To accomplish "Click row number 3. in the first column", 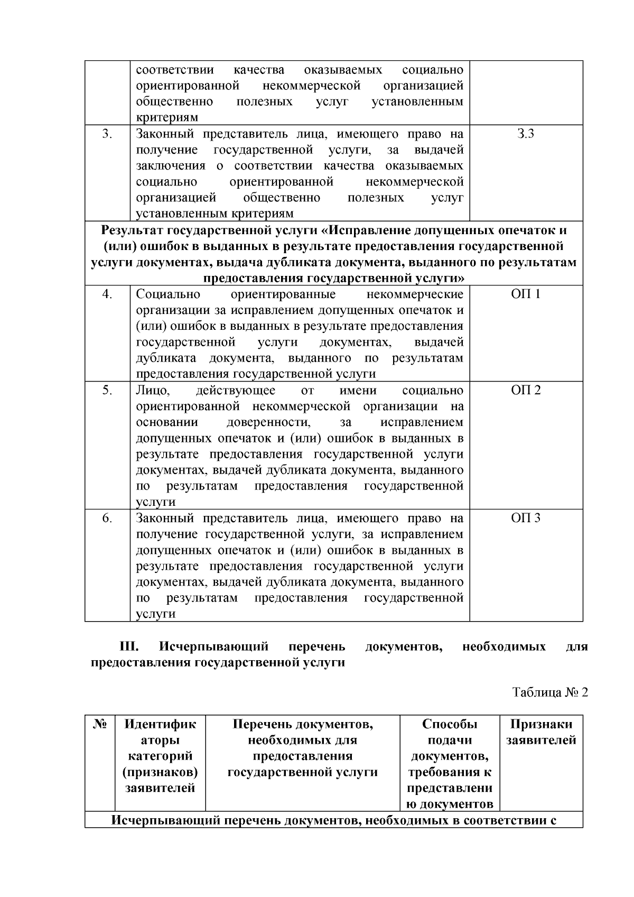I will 107,134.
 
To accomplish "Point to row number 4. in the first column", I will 107,294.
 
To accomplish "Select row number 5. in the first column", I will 107,390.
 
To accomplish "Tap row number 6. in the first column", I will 107,518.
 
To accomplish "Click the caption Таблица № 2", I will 550,692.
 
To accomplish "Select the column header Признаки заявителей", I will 541,732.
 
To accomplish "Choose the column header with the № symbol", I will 100,724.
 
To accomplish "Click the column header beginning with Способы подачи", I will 450,764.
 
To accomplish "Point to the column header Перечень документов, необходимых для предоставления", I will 302,748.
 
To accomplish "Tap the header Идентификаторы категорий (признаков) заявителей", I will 160,756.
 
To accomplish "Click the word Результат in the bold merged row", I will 133,230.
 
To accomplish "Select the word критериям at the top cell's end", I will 167,117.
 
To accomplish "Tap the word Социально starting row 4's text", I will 168,294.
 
